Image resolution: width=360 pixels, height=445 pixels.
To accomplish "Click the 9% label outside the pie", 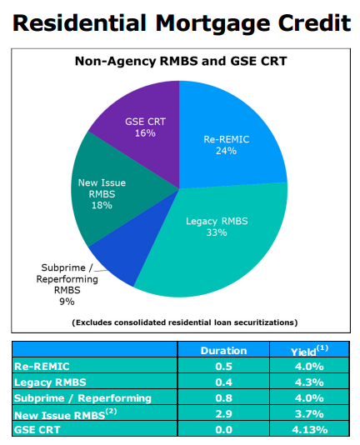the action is [x=67, y=302].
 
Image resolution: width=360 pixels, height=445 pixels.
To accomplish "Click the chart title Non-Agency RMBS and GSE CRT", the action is [x=181, y=61].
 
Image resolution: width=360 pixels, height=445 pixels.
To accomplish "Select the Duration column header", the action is [x=223, y=351].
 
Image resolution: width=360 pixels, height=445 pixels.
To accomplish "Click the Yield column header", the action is [x=309, y=351].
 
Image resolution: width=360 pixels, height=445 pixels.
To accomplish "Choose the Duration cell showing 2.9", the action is [x=223, y=414].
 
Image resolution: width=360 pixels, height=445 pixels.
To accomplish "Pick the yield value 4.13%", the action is [x=309, y=430].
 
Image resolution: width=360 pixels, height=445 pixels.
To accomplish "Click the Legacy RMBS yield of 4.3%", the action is [x=309, y=382].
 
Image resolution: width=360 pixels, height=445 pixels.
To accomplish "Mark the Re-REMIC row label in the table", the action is [x=42, y=367].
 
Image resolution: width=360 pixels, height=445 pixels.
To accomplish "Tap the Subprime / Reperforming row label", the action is [x=82, y=398].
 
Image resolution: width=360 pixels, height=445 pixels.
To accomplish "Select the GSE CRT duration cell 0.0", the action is [x=223, y=430].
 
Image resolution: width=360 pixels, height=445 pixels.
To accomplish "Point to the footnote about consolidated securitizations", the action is [x=184, y=322].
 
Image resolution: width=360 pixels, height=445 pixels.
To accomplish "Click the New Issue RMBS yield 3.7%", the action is [x=309, y=414].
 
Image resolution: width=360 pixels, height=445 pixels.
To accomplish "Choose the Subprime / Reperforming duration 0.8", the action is [x=223, y=398].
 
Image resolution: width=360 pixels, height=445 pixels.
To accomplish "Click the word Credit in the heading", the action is [x=314, y=22].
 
